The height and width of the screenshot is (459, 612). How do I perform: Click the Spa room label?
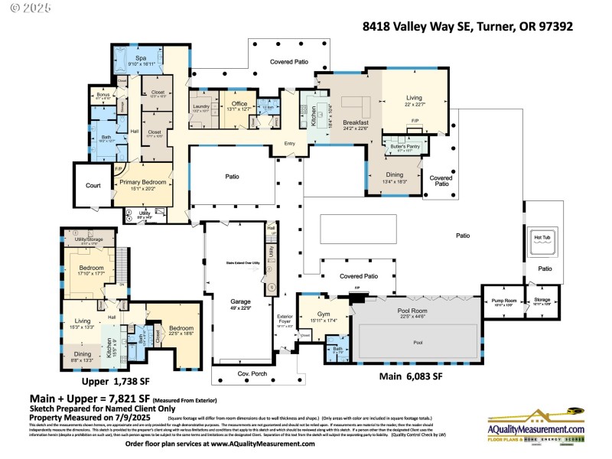pos(141,58)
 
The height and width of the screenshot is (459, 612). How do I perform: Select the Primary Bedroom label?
pos(142,183)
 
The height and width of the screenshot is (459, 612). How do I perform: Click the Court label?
pos(93,185)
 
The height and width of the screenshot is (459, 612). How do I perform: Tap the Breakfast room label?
pos(356,123)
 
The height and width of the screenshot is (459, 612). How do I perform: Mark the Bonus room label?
pos(103,94)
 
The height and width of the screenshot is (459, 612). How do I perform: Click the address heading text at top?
pos(467,26)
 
